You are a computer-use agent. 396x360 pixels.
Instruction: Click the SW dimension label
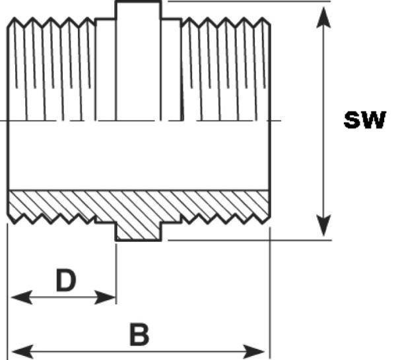tap(364, 121)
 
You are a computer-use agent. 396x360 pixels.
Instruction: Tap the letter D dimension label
tap(65, 280)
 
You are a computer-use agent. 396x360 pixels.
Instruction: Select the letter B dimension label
tap(139, 334)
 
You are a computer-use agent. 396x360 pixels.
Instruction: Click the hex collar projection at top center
tap(138, 11)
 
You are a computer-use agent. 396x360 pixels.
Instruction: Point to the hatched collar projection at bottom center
tap(138, 231)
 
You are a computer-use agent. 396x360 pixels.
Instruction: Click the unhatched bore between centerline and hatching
tap(138, 156)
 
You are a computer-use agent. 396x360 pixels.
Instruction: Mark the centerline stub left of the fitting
tap(3, 121)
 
